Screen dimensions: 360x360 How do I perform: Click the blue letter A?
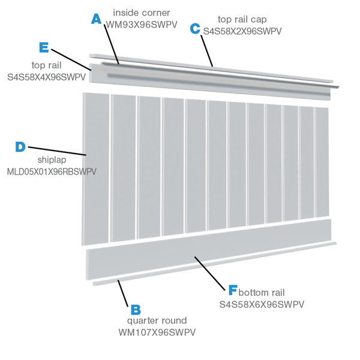pos(97,19)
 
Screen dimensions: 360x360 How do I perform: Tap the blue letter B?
pos(136,310)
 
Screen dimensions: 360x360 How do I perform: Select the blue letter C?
pos(195,28)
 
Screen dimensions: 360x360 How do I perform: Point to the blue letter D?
pos(20,146)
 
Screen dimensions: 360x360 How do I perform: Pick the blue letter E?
pos(43,47)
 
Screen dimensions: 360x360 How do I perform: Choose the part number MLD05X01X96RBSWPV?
pos(52,172)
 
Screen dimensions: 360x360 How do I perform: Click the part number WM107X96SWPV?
pos(157,332)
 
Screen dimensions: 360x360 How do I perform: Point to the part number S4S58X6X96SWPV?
pos(262,304)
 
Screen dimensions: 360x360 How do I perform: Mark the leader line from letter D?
pos(57,151)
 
